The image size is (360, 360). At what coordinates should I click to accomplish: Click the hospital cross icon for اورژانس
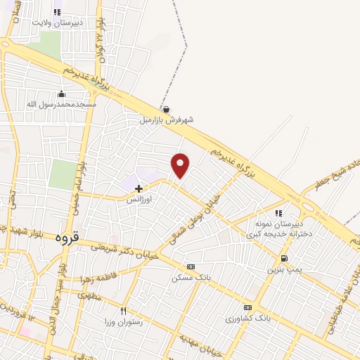pyautogui.click(x=139, y=188)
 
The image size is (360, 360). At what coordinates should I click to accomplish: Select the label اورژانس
pyautogui.click(x=139, y=199)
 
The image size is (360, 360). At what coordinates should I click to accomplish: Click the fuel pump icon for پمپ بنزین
pyautogui.click(x=283, y=258)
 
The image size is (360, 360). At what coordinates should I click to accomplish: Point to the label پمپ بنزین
pyautogui.click(x=283, y=269)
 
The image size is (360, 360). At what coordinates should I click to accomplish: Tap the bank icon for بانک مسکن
pyautogui.click(x=191, y=266)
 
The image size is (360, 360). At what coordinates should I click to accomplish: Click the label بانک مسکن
pyautogui.click(x=191, y=278)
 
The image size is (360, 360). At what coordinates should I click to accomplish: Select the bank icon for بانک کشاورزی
pyautogui.click(x=247, y=307)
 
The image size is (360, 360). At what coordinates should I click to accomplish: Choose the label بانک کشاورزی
pyautogui.click(x=247, y=319)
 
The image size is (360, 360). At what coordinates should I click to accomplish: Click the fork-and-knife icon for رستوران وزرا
pyautogui.click(x=124, y=311)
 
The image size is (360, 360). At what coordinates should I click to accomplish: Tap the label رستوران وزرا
pyautogui.click(x=123, y=322)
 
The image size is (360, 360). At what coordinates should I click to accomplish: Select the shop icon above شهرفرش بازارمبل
pyautogui.click(x=166, y=109)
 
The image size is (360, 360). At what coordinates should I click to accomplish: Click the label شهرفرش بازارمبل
pyautogui.click(x=165, y=120)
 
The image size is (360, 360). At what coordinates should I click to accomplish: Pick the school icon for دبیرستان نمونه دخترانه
pyautogui.click(x=279, y=212)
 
